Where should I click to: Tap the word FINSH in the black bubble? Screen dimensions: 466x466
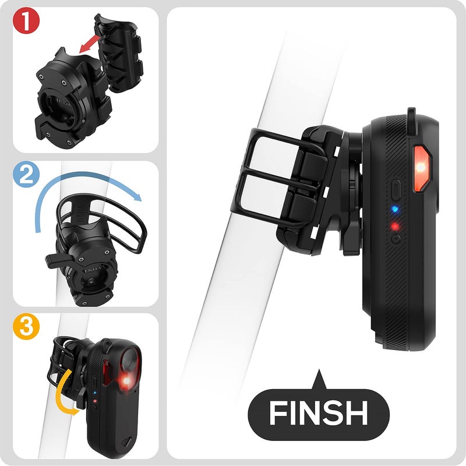tap(319, 412)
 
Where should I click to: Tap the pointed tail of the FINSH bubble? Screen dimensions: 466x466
tap(318, 382)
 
